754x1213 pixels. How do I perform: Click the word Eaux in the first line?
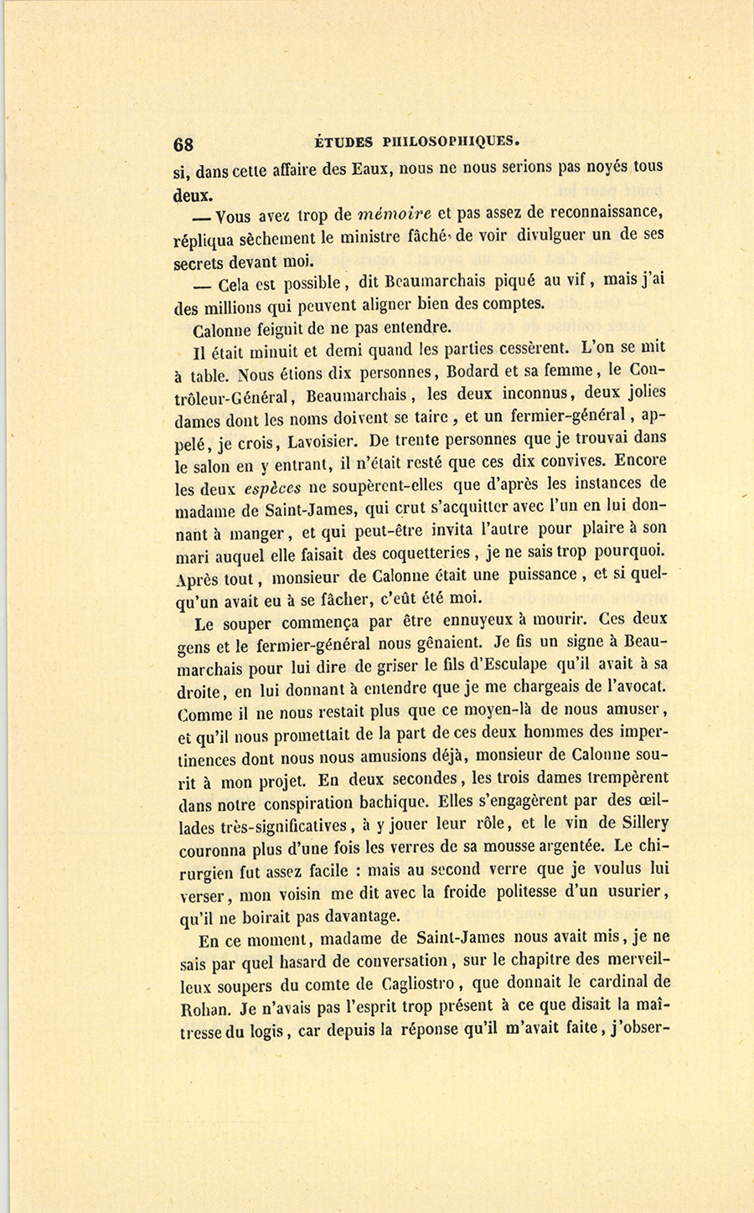(373, 168)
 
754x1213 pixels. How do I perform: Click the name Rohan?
(202, 1007)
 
